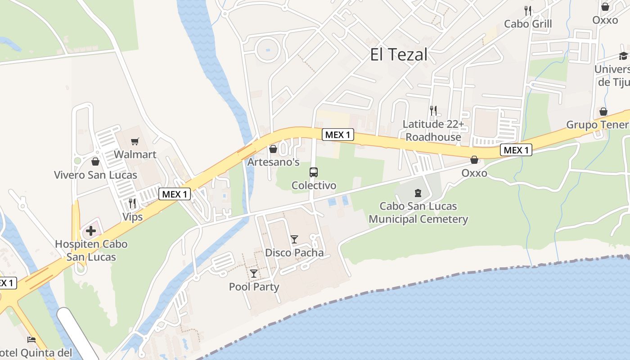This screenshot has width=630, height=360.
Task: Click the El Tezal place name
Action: [398, 55]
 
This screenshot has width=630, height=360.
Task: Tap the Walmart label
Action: [135, 154]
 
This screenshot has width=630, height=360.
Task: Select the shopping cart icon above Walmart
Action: [135, 142]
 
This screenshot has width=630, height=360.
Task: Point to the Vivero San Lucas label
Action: [95, 175]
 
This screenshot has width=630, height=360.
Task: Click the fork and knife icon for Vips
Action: [132, 203]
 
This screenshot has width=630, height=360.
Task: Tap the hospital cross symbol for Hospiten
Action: [91, 231]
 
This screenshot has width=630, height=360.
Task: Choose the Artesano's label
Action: [274, 162]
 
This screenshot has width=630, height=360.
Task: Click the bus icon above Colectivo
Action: [314, 172]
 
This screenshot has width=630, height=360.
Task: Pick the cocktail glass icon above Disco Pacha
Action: [294, 239]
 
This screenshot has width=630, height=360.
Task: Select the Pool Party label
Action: [254, 287]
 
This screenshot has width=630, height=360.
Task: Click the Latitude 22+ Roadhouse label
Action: [433, 130]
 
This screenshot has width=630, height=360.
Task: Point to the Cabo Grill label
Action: [528, 23]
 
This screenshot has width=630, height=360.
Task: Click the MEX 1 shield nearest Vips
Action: [175, 194]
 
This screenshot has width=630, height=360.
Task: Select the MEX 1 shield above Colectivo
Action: [338, 135]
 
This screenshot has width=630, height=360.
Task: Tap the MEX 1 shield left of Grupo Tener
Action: [516, 150]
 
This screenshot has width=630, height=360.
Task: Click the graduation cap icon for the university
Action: [623, 56]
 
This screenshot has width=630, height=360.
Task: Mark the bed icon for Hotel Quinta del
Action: [31, 340]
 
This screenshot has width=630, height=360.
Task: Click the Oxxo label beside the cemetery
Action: [474, 173]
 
